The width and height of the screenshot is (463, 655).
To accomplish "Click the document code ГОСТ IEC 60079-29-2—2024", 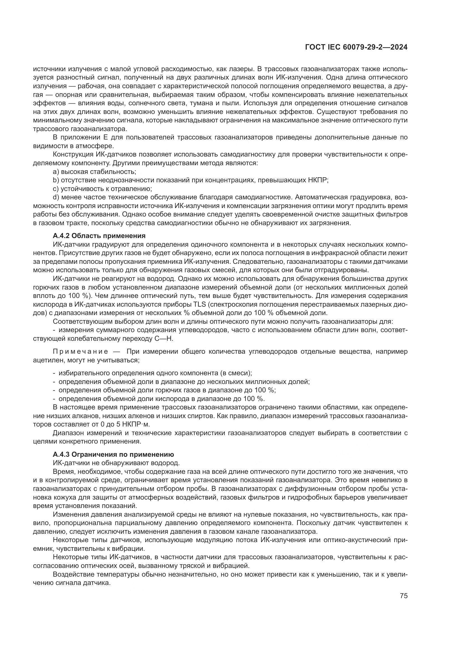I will [356, 47].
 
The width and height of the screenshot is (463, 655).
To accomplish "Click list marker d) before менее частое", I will [56, 197].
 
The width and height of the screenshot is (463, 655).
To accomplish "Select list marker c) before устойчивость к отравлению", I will [56, 188].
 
